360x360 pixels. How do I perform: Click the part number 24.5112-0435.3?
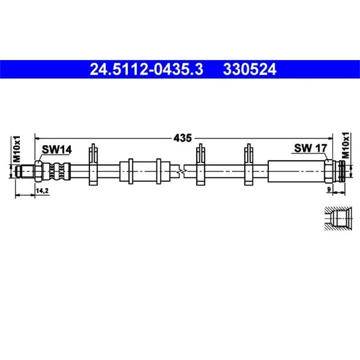tap(146, 69)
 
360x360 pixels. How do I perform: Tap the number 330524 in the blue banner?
tap(250, 69)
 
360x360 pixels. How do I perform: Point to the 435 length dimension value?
tap(182, 138)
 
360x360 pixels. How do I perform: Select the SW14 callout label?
tap(57, 150)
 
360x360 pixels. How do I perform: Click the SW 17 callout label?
tap(311, 148)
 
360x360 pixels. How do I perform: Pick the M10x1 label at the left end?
tap(17, 149)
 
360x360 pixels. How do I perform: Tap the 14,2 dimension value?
tap(42, 191)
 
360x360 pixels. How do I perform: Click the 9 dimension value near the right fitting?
tap(329, 190)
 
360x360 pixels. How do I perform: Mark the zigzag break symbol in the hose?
tap(181, 171)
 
